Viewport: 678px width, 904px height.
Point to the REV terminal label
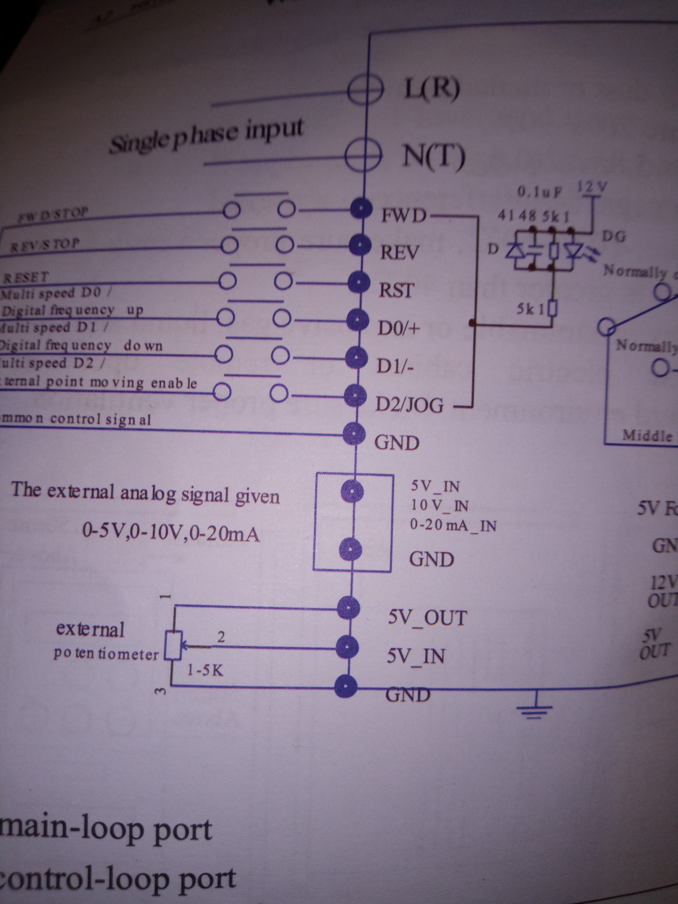(x=399, y=252)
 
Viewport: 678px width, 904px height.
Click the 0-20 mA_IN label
(x=453, y=525)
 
